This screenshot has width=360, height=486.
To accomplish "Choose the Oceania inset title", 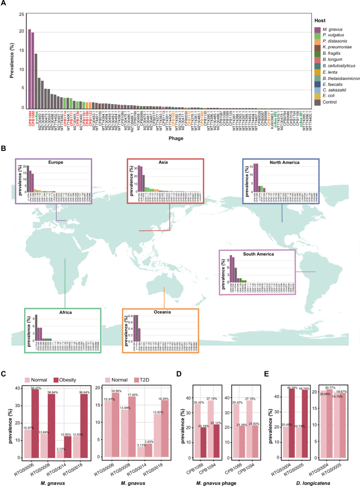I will [160, 312].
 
